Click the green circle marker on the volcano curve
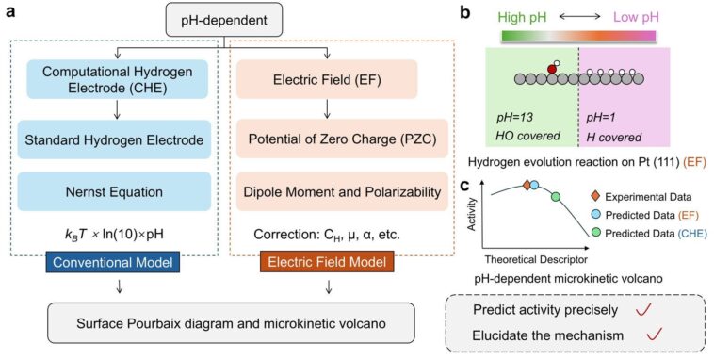pos(556,197)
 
